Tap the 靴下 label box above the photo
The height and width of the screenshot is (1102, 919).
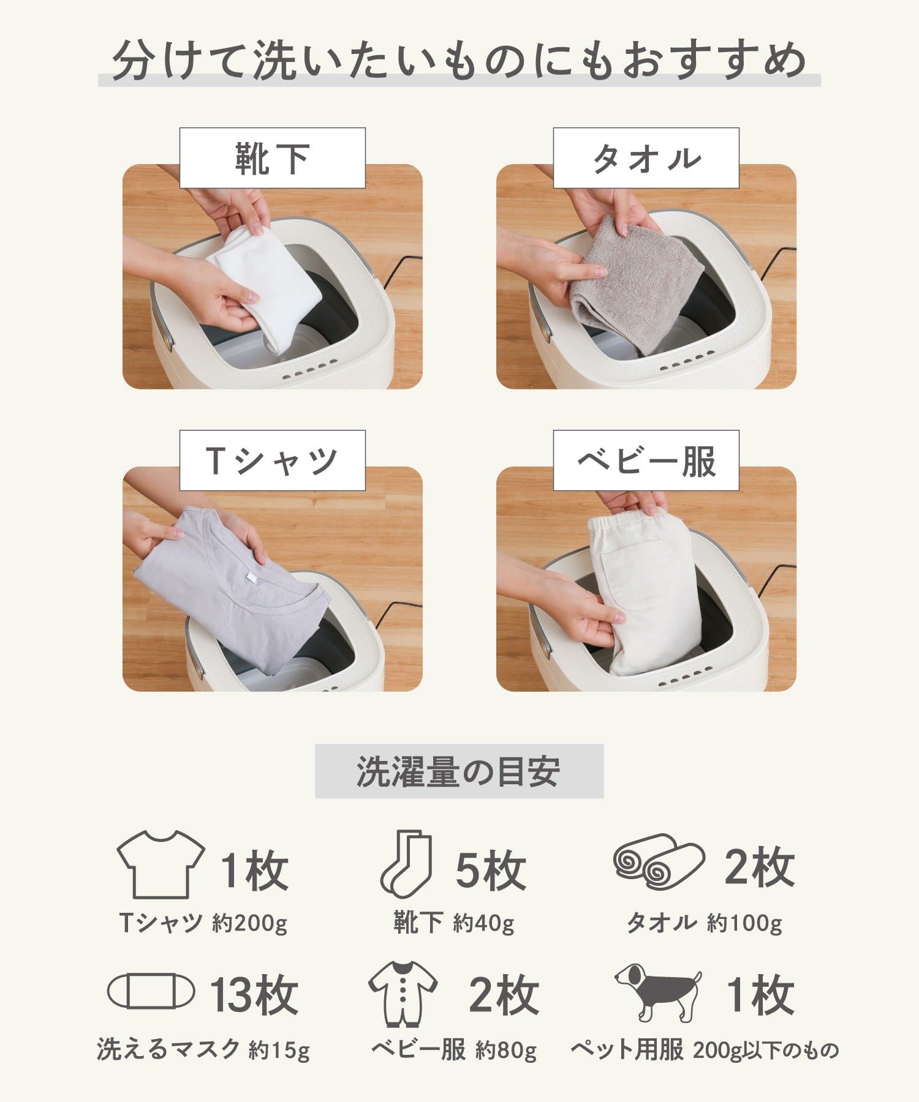[x=272, y=158]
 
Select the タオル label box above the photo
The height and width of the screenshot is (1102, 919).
[x=646, y=158]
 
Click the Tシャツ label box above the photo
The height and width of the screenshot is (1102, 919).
[x=272, y=460]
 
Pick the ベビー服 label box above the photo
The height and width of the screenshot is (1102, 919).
[x=646, y=460]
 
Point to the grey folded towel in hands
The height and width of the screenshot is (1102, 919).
[x=637, y=282]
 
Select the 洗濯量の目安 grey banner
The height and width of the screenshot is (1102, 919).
[x=459, y=771]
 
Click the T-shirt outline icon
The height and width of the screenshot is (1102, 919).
[x=161, y=864]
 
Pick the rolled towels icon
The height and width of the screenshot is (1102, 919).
[x=658, y=861]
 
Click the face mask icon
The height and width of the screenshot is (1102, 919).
[x=151, y=991]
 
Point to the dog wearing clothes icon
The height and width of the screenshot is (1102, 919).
[x=659, y=992]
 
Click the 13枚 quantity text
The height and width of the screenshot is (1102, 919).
[x=254, y=995]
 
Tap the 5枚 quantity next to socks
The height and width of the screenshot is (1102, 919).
[x=490, y=870]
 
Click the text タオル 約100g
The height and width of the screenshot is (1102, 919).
[x=704, y=923]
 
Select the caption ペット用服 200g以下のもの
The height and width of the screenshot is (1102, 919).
[x=705, y=1051]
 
